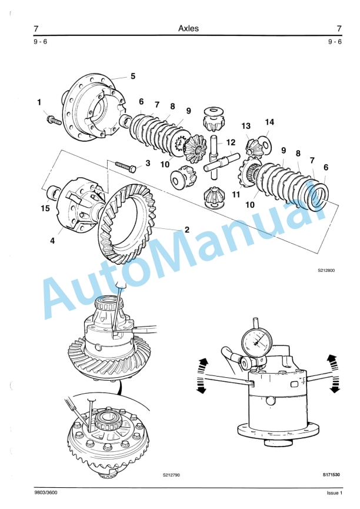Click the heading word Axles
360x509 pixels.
188,28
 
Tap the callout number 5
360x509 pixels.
133,76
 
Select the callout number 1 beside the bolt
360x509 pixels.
39,102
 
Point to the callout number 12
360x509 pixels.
231,142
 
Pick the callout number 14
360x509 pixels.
269,122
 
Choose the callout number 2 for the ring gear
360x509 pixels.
186,230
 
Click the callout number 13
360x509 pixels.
245,126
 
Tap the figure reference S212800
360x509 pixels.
325,272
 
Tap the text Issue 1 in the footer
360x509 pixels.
334,493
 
